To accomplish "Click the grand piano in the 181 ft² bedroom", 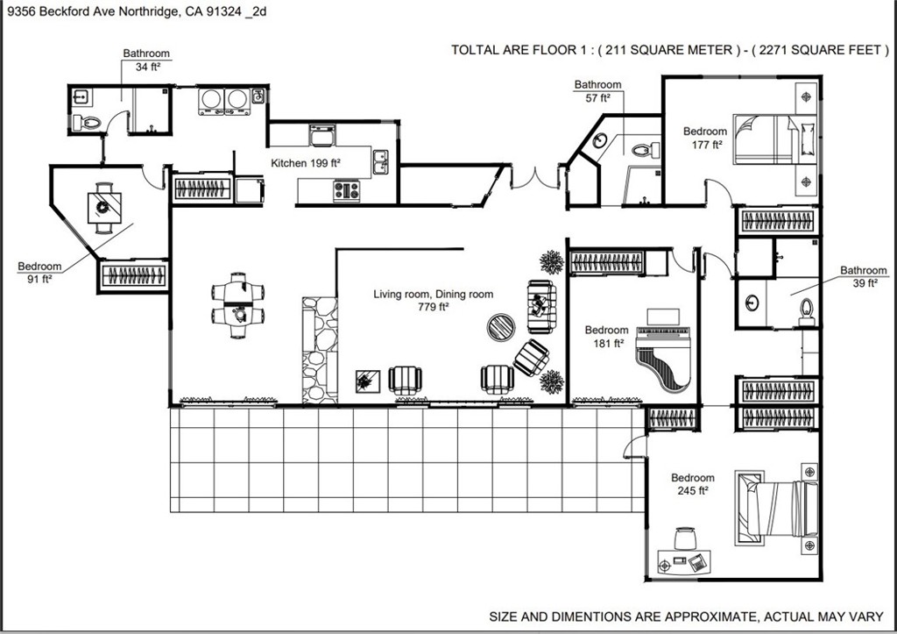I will pyautogui.click(x=663, y=355).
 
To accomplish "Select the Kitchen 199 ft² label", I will pyautogui.click(x=305, y=163).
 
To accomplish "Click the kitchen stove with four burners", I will pyautogui.click(x=346, y=189).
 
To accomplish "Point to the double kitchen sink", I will pyautogui.click(x=382, y=160).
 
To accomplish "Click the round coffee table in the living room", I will pyautogui.click(x=502, y=328).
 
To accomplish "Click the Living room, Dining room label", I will pyautogui.click(x=433, y=295).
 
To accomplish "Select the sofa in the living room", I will pyautogui.click(x=540, y=306).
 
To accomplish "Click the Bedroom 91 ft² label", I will pyautogui.click(x=39, y=267).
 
